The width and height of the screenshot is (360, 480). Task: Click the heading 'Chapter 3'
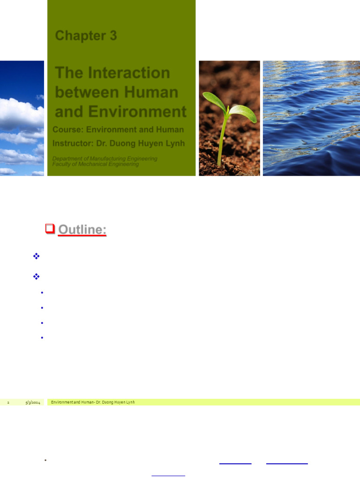tap(86, 36)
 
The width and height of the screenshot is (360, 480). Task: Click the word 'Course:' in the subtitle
tap(69, 129)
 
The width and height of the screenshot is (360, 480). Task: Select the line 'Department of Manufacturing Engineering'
tap(105, 159)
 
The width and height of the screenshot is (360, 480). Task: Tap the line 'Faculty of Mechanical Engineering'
tap(96, 165)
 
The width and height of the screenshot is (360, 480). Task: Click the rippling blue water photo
tap(311, 118)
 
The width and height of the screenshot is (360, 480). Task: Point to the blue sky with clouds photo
tap(22, 118)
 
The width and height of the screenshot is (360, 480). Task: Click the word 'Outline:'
tap(82, 230)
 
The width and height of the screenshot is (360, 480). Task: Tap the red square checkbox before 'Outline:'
tap(50, 229)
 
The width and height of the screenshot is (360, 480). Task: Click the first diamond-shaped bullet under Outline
tap(36, 256)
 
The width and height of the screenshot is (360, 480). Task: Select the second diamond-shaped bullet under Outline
tap(36, 277)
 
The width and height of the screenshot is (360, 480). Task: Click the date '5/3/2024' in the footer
tap(33, 403)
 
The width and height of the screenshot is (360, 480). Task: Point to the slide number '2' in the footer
tap(8, 403)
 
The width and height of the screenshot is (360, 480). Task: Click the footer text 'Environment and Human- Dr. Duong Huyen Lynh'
tap(93, 402)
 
